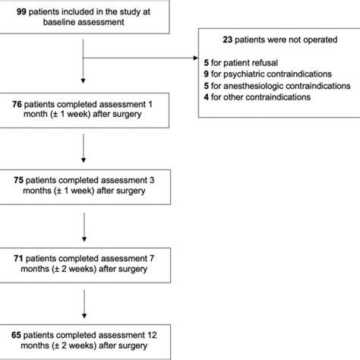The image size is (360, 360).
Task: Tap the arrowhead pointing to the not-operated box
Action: (x=194, y=55)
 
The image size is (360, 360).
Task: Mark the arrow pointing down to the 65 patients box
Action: (x=81, y=304)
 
